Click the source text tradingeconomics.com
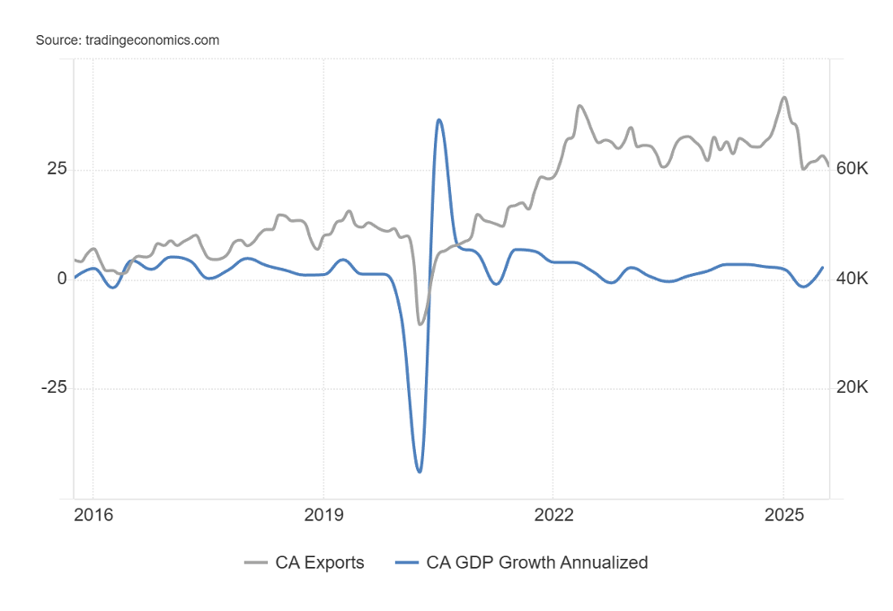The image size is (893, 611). tap(128, 40)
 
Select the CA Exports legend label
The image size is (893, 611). tap(321, 562)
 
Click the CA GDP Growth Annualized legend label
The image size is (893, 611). tap(537, 562)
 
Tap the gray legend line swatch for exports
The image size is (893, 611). tap(257, 562)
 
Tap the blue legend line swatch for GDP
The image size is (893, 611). tap(407, 562)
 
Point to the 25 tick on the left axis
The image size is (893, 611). tap(56, 169)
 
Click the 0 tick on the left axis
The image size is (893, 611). tap(62, 279)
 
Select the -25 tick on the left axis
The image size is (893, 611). tap(53, 388)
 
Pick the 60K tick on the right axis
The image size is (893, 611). tap(852, 169)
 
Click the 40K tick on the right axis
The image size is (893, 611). tap(852, 279)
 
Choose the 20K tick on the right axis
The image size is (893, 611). tap(852, 388)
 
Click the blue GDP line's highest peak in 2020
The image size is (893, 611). tap(438, 120)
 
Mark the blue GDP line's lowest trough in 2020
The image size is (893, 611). tap(419, 471)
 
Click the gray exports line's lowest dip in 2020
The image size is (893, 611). tap(420, 323)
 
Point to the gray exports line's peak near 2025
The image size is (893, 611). tap(784, 97)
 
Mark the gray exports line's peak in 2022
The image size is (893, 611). tap(580, 106)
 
